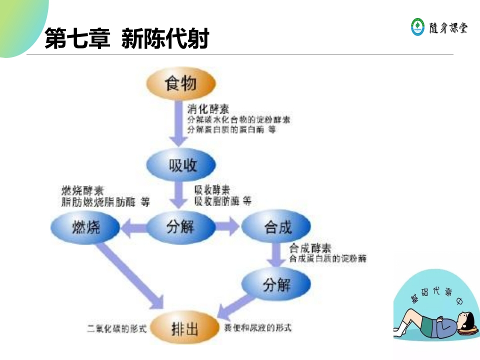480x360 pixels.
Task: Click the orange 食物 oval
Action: point(180,83)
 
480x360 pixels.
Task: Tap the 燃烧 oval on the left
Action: point(85,227)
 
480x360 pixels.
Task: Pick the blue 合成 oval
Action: point(276,227)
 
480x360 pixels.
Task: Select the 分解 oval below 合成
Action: point(276,285)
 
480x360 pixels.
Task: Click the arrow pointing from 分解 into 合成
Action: point(228,227)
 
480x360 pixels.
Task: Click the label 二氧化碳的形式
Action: point(116,328)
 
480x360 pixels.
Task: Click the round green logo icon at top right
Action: point(417,26)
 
